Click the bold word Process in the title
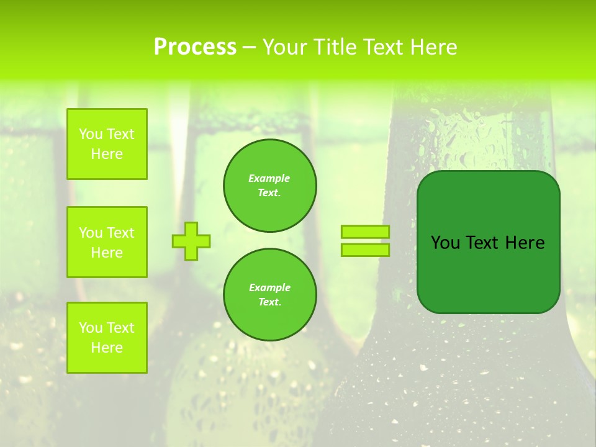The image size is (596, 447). pos(195,47)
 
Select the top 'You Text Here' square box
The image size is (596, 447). pos(107,144)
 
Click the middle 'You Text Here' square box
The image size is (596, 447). pos(107,242)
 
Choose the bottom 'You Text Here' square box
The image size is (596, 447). pos(107,337)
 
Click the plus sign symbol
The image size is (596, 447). pos(191,241)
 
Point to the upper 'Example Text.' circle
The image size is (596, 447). pos(269,185)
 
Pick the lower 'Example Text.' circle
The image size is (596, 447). pos(269,294)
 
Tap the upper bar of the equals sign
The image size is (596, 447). pos(365,232)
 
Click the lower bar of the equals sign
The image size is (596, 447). pos(365,250)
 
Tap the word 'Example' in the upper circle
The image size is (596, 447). pos(269,178)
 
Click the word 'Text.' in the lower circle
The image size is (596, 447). pos(269,302)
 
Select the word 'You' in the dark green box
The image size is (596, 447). pos(445,243)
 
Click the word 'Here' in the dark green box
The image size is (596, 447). pos(525,243)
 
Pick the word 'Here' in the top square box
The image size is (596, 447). pos(107,154)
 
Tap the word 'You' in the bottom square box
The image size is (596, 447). pos(91,327)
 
